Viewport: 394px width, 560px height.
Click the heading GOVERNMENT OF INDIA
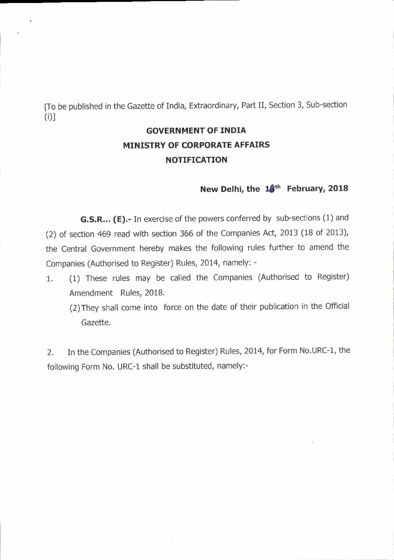196,131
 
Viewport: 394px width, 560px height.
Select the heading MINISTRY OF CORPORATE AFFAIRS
196,145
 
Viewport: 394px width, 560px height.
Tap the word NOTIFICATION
196,160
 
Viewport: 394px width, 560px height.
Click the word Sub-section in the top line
327,104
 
